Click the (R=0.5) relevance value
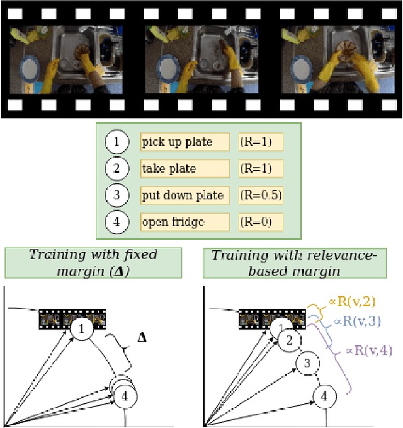tap(261, 195)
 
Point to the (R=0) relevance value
tap(261, 222)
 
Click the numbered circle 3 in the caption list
tap(116, 195)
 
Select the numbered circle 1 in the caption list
tap(116, 142)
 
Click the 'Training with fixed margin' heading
tap(93, 262)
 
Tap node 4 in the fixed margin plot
tap(125, 396)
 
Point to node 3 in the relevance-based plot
tap(307, 364)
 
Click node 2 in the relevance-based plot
tap(289, 341)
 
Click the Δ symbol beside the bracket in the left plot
tap(142, 337)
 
